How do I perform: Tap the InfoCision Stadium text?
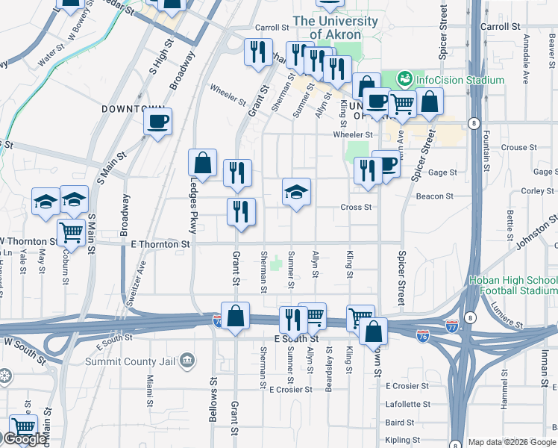[460, 79]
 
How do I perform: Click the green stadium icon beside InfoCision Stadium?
[405, 78]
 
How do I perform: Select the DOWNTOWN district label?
[128, 109]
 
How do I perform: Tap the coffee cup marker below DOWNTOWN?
[158, 121]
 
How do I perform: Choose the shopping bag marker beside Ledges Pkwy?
[203, 162]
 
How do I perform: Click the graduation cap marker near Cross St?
[296, 193]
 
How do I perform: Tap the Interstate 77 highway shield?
[452, 326]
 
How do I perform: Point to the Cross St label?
[356, 208]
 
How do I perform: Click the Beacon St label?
[439, 196]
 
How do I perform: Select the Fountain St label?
[486, 149]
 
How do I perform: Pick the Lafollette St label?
[407, 404]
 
